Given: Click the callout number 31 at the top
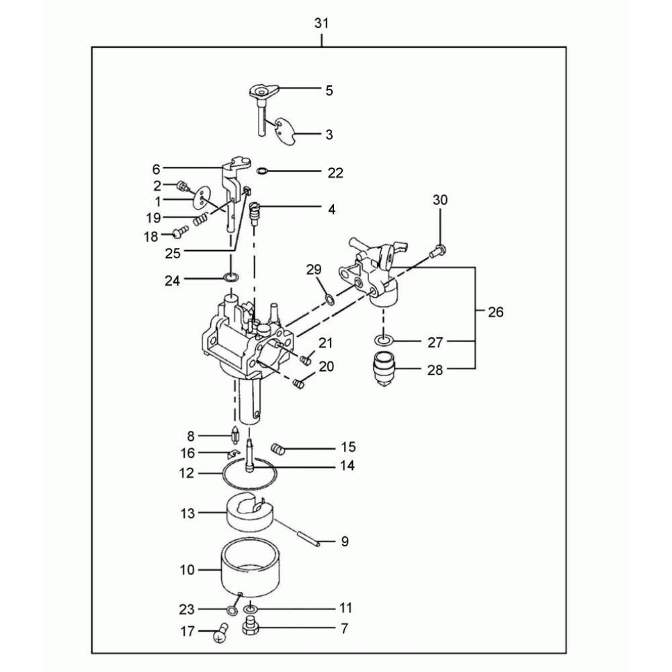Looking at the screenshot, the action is pyautogui.click(x=321, y=23).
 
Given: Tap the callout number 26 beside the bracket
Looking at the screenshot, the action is pyautogui.click(x=495, y=312).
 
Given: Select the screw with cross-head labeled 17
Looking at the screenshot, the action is pyautogui.click(x=220, y=632).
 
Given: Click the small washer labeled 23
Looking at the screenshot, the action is pyautogui.click(x=233, y=610).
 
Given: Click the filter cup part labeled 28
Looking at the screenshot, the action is pyautogui.click(x=384, y=369).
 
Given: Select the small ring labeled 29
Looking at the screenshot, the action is pyautogui.click(x=329, y=300).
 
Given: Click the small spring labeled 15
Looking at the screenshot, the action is pyautogui.click(x=278, y=450).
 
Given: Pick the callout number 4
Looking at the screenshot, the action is pyautogui.click(x=331, y=210).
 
